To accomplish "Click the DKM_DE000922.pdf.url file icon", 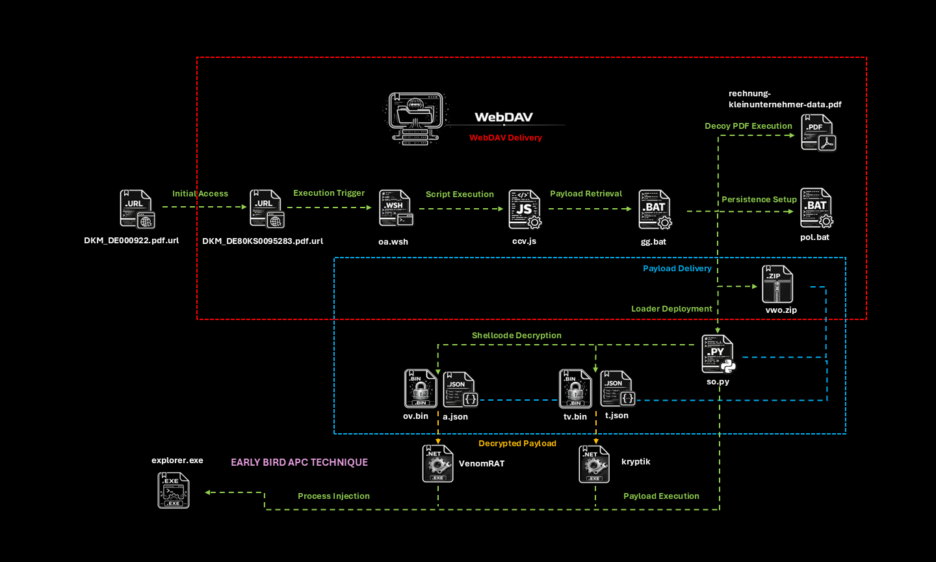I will click(x=137, y=209).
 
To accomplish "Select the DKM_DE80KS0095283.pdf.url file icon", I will click(x=267, y=209).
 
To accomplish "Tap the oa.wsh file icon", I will click(x=395, y=208).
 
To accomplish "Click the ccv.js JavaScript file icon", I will click(x=525, y=209).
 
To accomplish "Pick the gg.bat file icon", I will click(x=655, y=209).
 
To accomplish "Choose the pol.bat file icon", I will click(x=816, y=207).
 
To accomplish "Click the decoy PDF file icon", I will click(x=818, y=133).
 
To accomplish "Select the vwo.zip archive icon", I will click(x=777, y=285).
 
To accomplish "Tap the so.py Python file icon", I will click(x=718, y=355).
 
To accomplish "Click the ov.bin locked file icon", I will click(x=420, y=388).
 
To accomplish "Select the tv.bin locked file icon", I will click(x=575, y=388).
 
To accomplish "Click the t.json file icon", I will click(x=617, y=388).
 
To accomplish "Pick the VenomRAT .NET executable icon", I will click(x=437, y=464).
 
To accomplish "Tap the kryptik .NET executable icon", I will click(x=594, y=464).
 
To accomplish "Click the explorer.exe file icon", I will click(x=174, y=490).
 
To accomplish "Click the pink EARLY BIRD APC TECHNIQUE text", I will click(x=299, y=462).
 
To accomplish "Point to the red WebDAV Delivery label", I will click(x=506, y=138).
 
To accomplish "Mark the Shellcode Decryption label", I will click(x=517, y=336).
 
